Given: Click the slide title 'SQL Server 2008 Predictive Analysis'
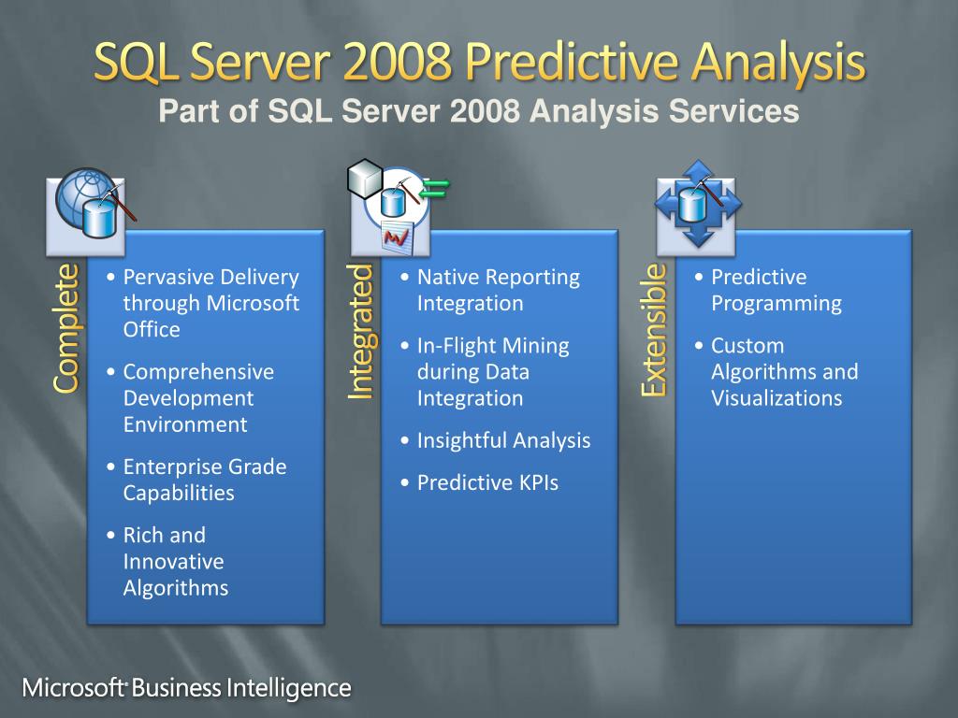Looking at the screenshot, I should point(479,64).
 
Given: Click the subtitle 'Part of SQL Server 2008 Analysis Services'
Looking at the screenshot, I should point(479,112).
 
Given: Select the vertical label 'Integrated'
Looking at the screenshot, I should point(360,332).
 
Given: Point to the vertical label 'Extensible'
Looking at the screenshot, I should point(654,329).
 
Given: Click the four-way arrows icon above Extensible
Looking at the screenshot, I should point(698,204).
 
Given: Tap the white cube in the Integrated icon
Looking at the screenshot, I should point(364,178).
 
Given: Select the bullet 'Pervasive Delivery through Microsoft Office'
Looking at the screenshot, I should point(210,303).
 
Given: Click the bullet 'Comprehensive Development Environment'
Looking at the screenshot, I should point(198,398).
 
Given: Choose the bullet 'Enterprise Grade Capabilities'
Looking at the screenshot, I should point(204,480).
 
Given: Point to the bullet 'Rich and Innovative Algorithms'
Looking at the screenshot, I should point(174,561).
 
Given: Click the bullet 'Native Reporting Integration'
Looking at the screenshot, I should point(498,290).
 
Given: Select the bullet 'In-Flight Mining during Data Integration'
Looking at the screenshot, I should point(492,371).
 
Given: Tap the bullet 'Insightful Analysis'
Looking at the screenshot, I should point(503,440).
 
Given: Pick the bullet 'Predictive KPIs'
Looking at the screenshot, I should point(486,483).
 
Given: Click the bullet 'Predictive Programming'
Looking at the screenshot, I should point(776,290).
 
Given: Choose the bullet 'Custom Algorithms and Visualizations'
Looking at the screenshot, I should point(784,371).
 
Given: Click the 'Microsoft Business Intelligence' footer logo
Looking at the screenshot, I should point(187,689).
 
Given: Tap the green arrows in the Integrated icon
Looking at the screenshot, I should point(434,188).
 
